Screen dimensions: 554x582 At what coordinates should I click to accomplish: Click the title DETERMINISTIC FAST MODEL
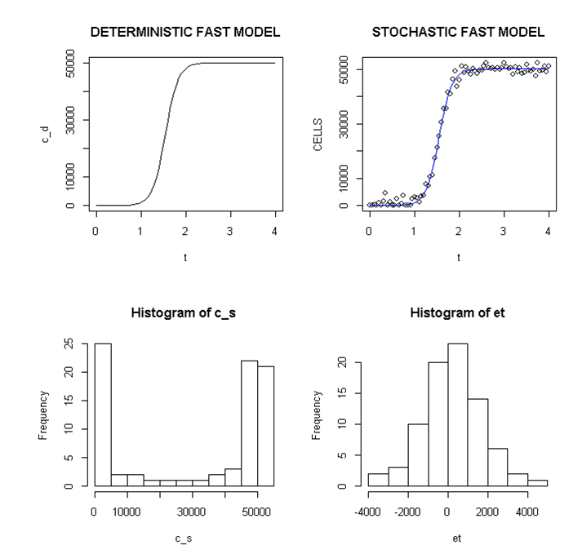coord(184,33)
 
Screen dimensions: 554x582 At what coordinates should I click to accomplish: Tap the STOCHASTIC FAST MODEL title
coord(458,33)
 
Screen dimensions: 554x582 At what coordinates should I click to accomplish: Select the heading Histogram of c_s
coord(184,313)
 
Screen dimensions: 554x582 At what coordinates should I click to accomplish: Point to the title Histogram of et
coord(458,313)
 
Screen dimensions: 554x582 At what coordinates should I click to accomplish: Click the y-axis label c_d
coord(46,135)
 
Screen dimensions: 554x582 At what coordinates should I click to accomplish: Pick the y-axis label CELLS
coord(318,135)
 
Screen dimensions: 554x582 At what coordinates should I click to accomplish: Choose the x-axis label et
coord(458,538)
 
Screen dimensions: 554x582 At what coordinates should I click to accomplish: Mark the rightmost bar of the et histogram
coord(539,482)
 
